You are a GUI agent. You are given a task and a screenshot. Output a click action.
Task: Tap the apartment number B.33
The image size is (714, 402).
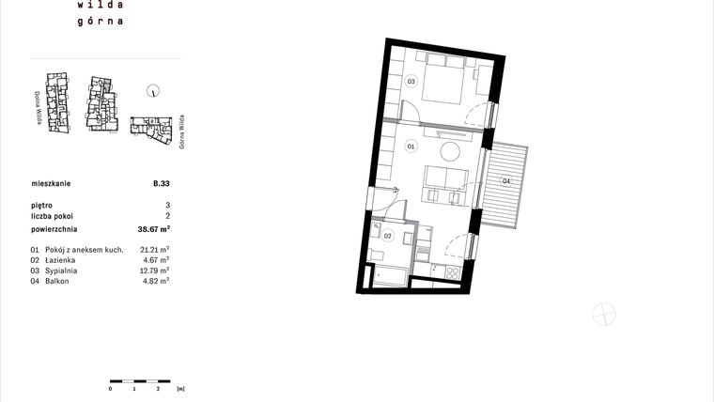pos(161,184)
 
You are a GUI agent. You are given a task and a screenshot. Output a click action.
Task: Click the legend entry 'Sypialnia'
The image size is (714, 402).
pos(60,271)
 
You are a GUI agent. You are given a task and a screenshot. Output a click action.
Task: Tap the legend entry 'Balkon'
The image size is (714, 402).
pos(56,281)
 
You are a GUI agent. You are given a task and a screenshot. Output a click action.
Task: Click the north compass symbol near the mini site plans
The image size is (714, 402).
pos(151,90)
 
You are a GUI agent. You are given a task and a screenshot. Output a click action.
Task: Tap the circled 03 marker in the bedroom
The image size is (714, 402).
pos(411,82)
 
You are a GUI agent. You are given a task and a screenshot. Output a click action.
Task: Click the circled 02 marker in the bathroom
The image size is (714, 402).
pos(387,237)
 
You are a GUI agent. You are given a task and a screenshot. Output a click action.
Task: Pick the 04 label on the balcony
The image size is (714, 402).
pos(506,180)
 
